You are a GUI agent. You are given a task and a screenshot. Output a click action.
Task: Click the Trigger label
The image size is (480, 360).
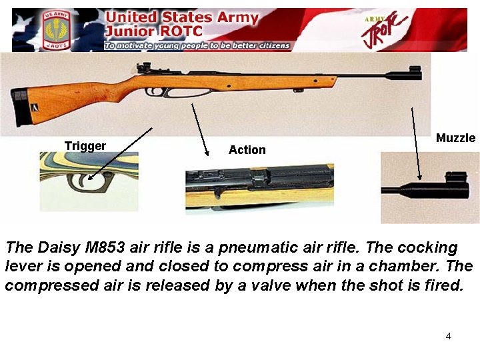[x=85, y=146]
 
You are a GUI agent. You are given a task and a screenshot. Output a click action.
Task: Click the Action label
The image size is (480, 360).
[x=247, y=150]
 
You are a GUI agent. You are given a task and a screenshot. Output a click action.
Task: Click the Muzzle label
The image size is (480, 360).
[x=455, y=138]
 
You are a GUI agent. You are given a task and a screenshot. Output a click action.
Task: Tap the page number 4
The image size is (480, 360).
[x=448, y=336]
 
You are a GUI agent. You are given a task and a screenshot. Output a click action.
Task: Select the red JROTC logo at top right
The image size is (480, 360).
[x=387, y=29]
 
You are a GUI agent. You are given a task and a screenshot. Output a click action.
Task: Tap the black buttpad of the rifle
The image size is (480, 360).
[x=23, y=107]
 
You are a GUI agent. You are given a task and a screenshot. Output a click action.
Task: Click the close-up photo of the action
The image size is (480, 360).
[x=259, y=187]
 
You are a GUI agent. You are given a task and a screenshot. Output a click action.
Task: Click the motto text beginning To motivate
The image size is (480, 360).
[x=197, y=45]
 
